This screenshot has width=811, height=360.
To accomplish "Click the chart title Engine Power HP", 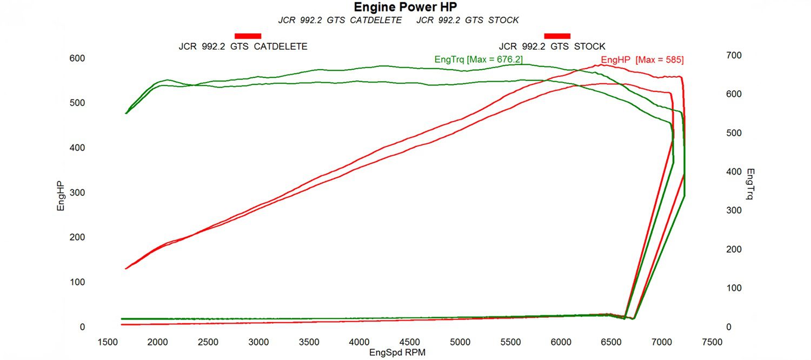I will click(405, 7).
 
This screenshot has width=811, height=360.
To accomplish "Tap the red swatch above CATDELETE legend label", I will click(248, 36).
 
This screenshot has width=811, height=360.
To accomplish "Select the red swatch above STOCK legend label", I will click(557, 36).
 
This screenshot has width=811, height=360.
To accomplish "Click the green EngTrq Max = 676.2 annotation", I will click(478, 59).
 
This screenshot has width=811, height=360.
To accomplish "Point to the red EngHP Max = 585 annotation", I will click(642, 60).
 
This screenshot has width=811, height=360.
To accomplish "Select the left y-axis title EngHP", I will click(61, 196).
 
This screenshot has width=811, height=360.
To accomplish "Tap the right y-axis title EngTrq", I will click(749, 184).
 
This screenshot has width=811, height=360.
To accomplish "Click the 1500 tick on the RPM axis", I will click(107, 342).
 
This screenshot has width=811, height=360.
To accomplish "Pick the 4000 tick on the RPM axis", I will click(360, 342).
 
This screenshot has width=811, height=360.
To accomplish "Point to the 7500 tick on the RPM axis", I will click(712, 342).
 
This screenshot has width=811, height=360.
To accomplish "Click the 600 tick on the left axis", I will click(77, 58).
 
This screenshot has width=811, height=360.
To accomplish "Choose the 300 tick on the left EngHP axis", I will click(77, 192).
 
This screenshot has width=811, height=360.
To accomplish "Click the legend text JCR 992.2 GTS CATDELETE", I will click(243, 47).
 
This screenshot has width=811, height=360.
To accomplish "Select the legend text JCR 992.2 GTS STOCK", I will click(552, 47).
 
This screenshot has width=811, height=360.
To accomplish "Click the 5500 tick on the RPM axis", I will click(511, 342).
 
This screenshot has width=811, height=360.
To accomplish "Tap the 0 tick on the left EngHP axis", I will click(82, 327).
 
